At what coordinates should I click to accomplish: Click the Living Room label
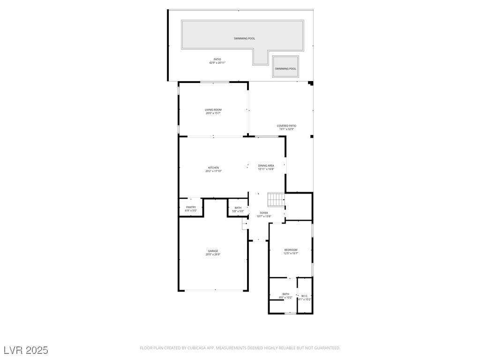click(x=213, y=110)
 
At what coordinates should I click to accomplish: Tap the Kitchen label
click(x=213, y=168)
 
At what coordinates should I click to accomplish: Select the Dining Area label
click(x=266, y=165)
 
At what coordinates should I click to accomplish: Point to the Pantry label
click(x=191, y=207)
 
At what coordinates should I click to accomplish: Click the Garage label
click(x=213, y=251)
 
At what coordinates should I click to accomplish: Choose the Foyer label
click(x=264, y=213)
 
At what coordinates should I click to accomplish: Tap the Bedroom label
click(x=291, y=250)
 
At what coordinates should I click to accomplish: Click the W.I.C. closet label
click(x=304, y=296)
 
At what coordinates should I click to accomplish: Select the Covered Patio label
click(x=286, y=126)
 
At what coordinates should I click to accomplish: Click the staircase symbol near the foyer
click(x=276, y=200)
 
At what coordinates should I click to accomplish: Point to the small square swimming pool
click(x=285, y=66)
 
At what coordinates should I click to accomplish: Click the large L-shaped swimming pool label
click(x=245, y=38)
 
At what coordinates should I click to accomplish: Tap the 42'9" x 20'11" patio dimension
click(x=217, y=63)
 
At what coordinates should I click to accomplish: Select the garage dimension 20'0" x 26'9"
click(x=213, y=255)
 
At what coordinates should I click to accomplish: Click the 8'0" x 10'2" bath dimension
click(x=286, y=297)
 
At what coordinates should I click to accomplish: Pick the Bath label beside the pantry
click(x=238, y=208)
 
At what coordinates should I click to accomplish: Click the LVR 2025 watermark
click(x=26, y=350)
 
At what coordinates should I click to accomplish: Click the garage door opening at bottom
click(x=214, y=291)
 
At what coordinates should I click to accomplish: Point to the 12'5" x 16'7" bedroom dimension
click(x=291, y=253)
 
